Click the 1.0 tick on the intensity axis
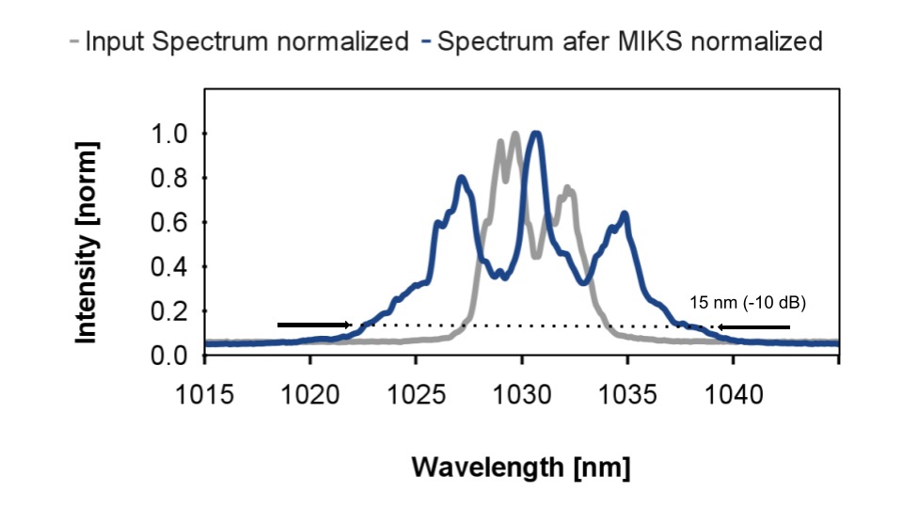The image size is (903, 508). click(169, 134)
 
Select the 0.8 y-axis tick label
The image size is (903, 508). click(169, 178)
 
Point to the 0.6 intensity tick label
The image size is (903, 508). click(169, 222)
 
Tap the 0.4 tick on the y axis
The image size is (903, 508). click(169, 266)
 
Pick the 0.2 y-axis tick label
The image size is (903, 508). click(169, 310)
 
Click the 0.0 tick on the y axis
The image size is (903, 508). click(169, 355)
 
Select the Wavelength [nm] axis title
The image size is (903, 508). click(521, 467)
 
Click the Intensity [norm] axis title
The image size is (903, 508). click(87, 243)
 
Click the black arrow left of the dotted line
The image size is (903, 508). click(314, 325)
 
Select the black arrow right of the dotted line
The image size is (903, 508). click(752, 326)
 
